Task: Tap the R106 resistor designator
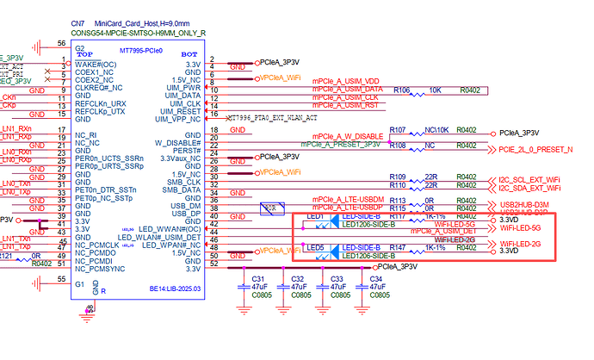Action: pos(402,89)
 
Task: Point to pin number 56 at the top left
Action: pos(61,41)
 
